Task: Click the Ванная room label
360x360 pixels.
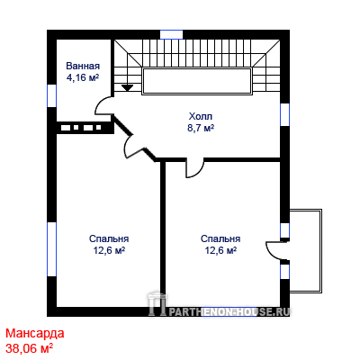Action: tap(83, 66)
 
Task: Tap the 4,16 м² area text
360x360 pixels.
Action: tap(83, 77)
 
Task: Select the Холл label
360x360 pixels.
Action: tap(201, 116)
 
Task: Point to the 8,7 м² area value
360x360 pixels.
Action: tap(201, 128)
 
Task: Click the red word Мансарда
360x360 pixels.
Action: tap(35, 333)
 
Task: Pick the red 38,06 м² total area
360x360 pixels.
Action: tap(30, 349)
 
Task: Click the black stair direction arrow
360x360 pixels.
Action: tap(128, 87)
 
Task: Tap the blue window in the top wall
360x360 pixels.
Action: tap(171, 34)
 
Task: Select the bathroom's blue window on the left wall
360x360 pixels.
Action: tap(52, 95)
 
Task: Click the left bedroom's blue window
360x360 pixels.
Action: tap(52, 249)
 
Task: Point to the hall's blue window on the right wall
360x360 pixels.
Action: tap(284, 114)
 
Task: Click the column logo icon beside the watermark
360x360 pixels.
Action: tap(157, 303)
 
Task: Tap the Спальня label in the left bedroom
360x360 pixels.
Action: tap(109, 238)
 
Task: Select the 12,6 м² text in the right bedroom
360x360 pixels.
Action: tap(220, 250)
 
